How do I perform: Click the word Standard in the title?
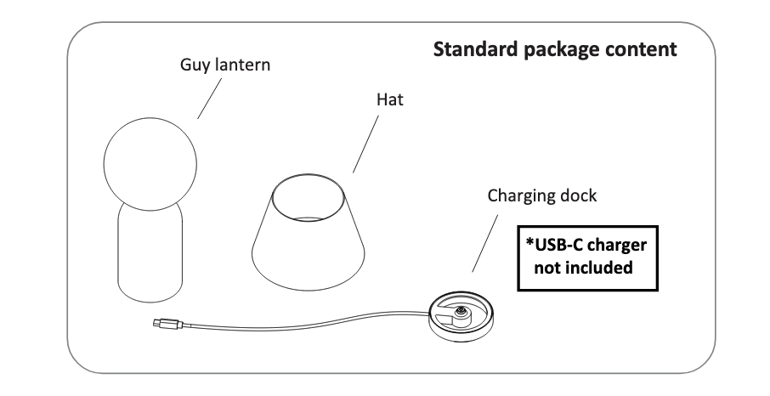(469, 48)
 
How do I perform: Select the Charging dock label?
(542, 195)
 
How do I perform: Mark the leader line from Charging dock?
(484, 241)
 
